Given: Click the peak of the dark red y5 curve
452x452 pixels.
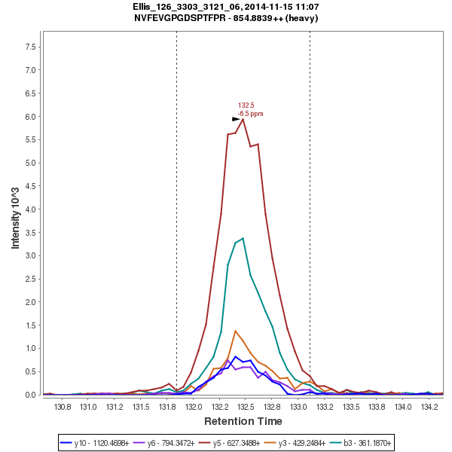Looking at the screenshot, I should point(243,118).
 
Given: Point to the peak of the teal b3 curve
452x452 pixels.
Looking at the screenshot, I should point(243,238).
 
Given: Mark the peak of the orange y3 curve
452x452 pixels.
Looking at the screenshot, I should point(236,330).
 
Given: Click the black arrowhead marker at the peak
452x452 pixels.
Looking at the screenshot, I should point(236,119).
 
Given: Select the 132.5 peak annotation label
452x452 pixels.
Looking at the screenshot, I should point(246,105).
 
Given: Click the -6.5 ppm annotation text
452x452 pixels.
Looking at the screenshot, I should point(250,113).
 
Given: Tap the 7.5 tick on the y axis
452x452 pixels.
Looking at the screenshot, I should point(32,47).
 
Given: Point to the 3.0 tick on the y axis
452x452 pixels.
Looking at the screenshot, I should point(32,255).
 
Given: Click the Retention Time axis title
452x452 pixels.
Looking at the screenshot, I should point(243,421).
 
